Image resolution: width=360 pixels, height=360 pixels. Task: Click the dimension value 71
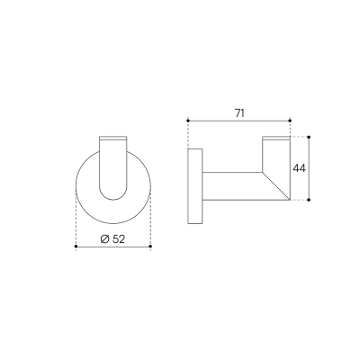[x=239, y=113]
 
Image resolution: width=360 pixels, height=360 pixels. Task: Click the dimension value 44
[x=299, y=168]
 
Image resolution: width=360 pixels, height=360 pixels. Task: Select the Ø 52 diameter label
[x=112, y=239]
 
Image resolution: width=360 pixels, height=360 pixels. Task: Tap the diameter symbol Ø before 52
[x=104, y=239]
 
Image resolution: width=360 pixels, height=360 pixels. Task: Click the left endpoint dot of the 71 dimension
[x=188, y=121]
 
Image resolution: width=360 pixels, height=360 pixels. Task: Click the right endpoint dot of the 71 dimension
[x=290, y=121]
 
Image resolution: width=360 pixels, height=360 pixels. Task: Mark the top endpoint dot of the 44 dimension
[x=309, y=137]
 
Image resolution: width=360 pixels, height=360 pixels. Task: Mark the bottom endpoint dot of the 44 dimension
[x=309, y=200]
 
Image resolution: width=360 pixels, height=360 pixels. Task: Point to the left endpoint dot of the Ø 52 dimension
[x=76, y=247]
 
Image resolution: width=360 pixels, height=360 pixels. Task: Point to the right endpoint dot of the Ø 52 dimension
[x=150, y=247]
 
